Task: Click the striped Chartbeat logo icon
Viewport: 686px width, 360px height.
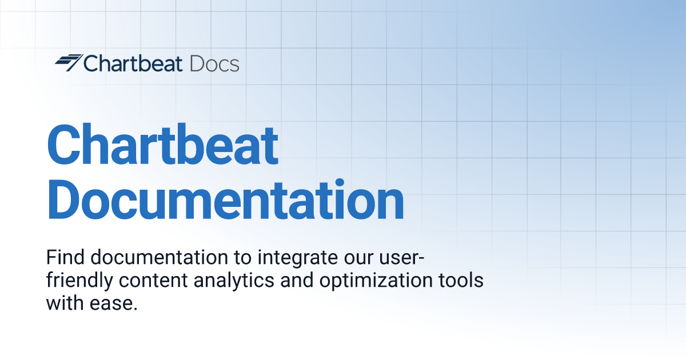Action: click(69, 62)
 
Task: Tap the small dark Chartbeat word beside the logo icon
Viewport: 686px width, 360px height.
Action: click(133, 63)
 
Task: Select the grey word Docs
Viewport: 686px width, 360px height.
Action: click(214, 63)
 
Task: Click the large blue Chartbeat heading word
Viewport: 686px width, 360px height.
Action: click(162, 144)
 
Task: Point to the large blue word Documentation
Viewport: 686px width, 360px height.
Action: click(225, 199)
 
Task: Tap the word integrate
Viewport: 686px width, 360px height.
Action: click(297, 259)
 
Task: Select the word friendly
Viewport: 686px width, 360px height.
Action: click(79, 281)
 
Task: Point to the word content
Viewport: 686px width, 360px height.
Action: click(153, 281)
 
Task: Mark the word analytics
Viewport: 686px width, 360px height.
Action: click(234, 281)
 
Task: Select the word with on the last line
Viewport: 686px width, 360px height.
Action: click(65, 303)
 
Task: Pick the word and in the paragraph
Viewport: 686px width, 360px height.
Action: click(297, 280)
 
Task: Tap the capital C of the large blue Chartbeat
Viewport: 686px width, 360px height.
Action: click(63, 144)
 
